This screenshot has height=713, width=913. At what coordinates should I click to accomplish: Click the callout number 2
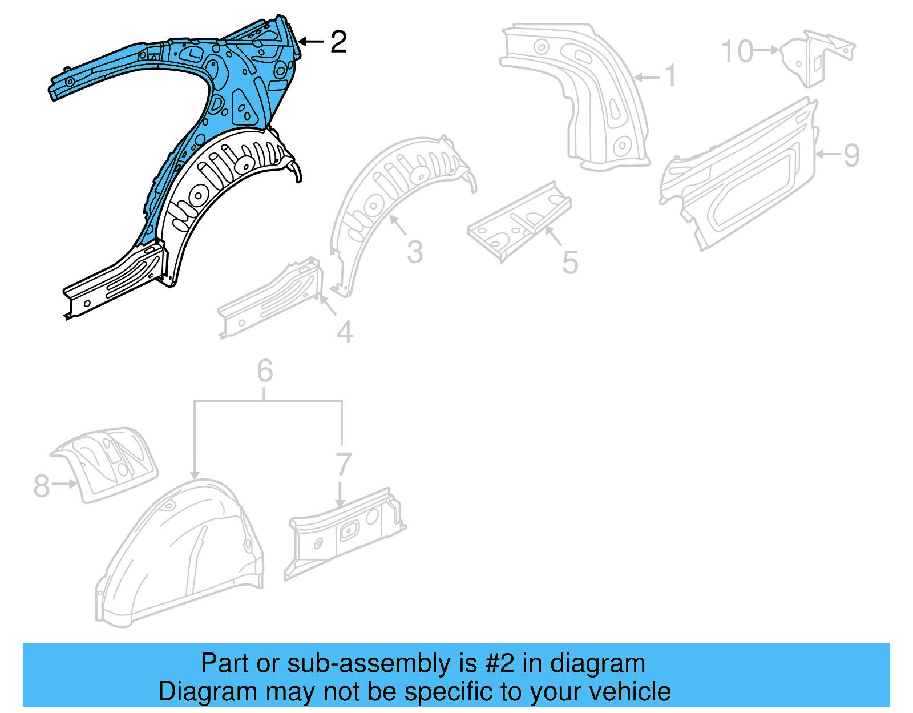(x=338, y=42)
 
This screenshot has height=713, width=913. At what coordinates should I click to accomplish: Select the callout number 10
(x=738, y=51)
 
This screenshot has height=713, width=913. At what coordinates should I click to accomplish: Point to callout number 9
(x=851, y=155)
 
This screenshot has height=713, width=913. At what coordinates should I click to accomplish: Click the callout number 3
(x=415, y=252)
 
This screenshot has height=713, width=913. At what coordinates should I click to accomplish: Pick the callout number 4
(x=344, y=332)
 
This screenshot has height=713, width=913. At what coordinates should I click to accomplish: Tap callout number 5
(x=569, y=262)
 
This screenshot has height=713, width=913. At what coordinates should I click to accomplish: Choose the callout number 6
(x=265, y=371)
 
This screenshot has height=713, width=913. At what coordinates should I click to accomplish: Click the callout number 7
(x=343, y=464)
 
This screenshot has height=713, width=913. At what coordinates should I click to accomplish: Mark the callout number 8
(x=42, y=486)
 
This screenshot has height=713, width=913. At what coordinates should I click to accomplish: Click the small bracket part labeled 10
(x=816, y=57)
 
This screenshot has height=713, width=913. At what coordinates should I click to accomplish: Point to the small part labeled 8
(x=108, y=462)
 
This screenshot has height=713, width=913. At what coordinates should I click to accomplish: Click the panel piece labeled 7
(x=345, y=534)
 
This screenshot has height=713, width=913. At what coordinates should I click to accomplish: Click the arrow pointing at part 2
(x=311, y=41)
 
